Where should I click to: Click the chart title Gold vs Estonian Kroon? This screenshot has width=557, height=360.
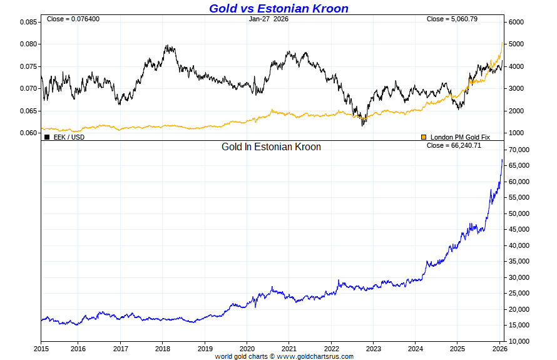pyautogui.click(x=278, y=8)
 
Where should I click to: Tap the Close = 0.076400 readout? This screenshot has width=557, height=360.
pyautogui.click(x=73, y=19)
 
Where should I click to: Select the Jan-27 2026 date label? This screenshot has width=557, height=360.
pyautogui.click(x=268, y=19)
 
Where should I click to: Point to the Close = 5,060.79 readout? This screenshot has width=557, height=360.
pyautogui.click(x=452, y=19)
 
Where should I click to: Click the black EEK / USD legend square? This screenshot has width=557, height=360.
pyautogui.click(x=47, y=136)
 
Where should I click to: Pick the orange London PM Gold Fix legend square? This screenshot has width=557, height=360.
pyautogui.click(x=424, y=136)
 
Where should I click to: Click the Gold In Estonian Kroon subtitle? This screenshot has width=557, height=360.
pyautogui.click(x=271, y=147)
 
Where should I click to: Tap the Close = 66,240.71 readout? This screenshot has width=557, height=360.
pyautogui.click(x=454, y=145)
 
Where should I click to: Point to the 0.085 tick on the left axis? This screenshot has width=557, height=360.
pyautogui.click(x=29, y=22)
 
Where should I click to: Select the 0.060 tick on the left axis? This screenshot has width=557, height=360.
pyautogui.click(x=29, y=133)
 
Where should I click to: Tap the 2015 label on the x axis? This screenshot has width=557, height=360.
pyautogui.click(x=41, y=348)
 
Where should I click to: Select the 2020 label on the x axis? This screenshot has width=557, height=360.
pyautogui.click(x=247, y=348)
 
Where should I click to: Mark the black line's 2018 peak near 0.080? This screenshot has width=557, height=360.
pyautogui.click(x=168, y=46)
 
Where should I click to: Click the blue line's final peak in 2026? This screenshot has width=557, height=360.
pyautogui.click(x=502, y=160)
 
